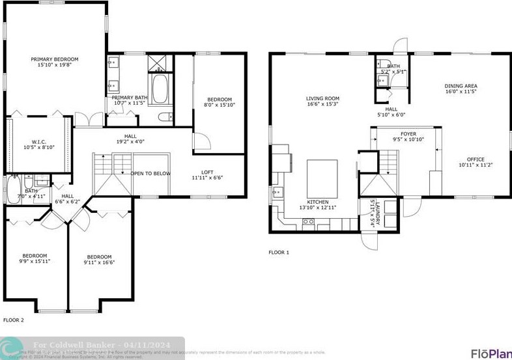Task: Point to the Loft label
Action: coord(207,174)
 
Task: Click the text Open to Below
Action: coord(150,174)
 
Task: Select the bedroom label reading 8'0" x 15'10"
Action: coord(218,102)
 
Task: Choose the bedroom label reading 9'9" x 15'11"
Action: coord(36,258)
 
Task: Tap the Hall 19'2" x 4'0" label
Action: coord(131,139)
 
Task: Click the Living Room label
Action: coord(322,102)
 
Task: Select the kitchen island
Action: coord(322,178)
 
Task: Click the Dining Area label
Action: coord(461,89)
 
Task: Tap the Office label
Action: coord(476,162)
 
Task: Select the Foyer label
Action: coord(408,137)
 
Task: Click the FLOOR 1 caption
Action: coord(279,253)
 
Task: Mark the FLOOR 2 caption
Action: coord(14,320)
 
